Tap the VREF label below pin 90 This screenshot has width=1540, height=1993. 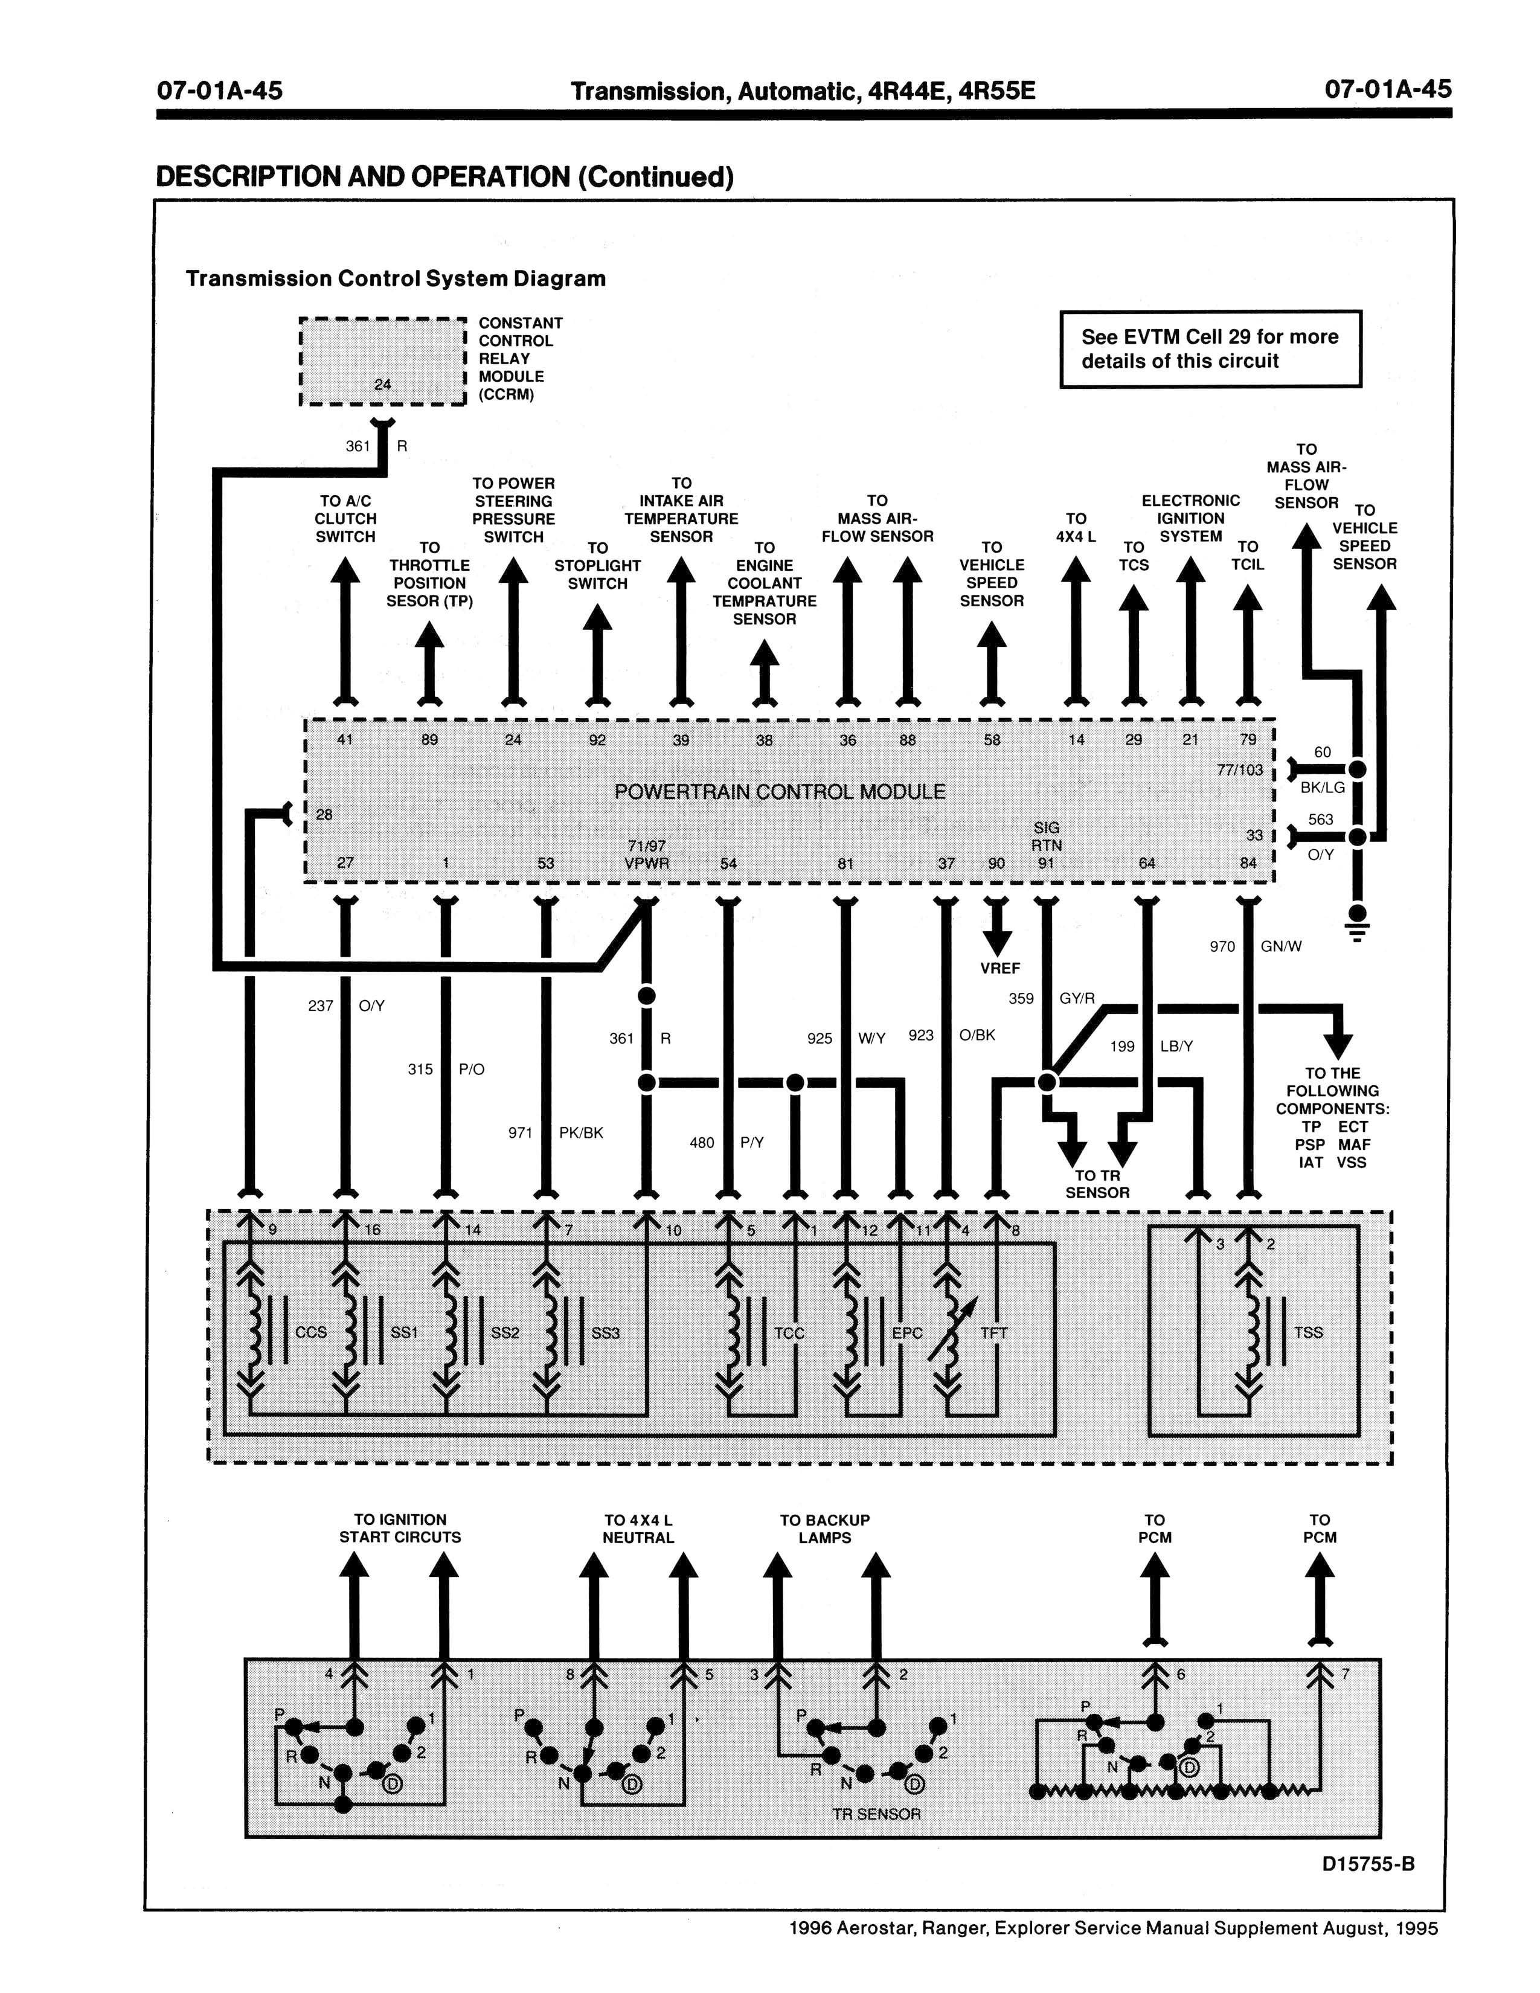click(1000, 968)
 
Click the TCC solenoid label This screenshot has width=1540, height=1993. click(789, 1333)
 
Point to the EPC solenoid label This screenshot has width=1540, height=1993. click(907, 1333)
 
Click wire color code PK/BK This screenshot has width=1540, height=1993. click(581, 1134)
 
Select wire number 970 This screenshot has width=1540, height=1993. click(1222, 946)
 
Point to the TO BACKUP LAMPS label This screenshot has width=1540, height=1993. click(825, 1529)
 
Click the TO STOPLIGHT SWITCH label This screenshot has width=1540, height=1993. click(597, 566)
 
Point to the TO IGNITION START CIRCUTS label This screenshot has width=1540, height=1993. click(400, 1529)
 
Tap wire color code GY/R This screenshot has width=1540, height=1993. click(1077, 998)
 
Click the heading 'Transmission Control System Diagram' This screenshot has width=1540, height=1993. click(396, 278)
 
